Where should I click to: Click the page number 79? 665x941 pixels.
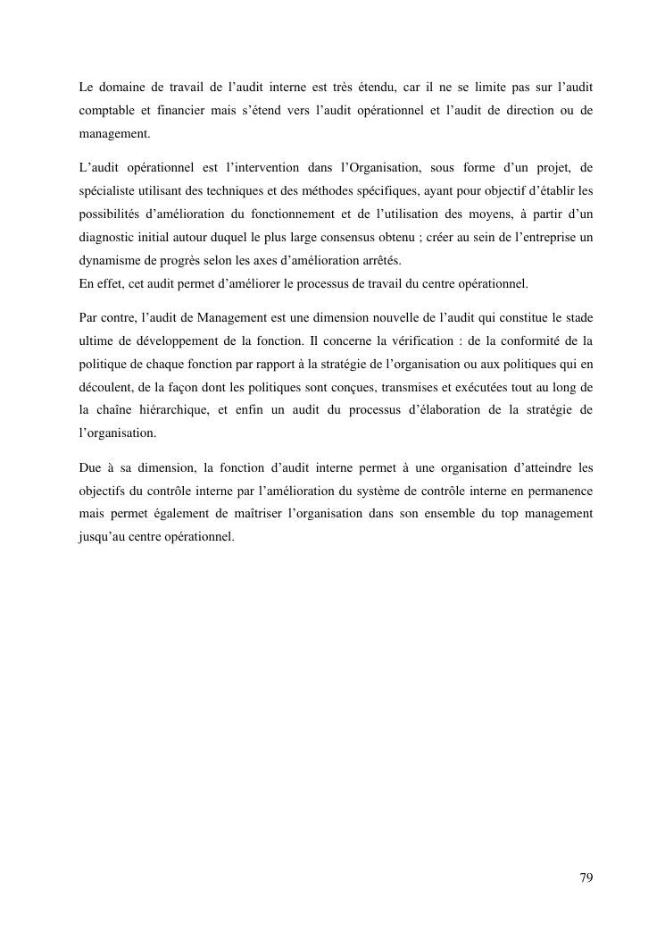pyautogui.click(x=586, y=878)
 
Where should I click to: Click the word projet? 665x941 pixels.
pyautogui.click(x=539, y=167)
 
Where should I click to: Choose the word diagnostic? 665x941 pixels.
pyautogui.click(x=109, y=238)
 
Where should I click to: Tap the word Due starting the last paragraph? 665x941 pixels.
pyautogui.click(x=91, y=468)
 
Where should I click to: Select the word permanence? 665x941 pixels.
pyautogui.click(x=557, y=492)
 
